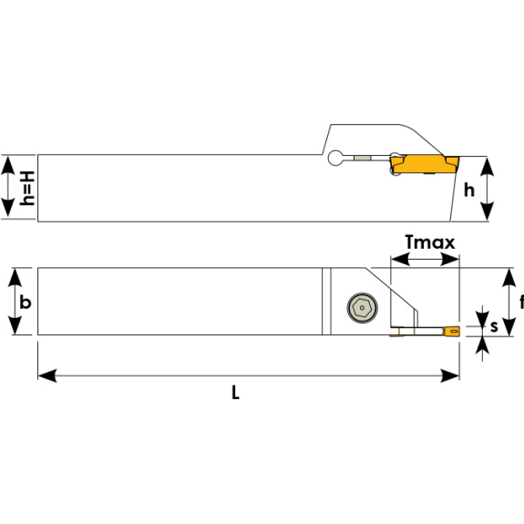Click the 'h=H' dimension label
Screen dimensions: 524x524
click(27, 188)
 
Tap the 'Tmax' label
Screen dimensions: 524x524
click(430, 242)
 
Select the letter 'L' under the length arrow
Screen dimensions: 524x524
click(235, 393)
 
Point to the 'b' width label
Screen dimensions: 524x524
click(26, 303)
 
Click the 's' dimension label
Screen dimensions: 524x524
click(494, 326)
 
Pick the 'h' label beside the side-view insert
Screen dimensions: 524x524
click(469, 190)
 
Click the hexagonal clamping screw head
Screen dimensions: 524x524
click(363, 308)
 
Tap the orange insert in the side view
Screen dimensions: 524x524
click(425, 164)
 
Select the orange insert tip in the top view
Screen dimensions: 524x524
click(451, 331)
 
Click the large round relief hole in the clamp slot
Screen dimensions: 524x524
click(335, 158)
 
